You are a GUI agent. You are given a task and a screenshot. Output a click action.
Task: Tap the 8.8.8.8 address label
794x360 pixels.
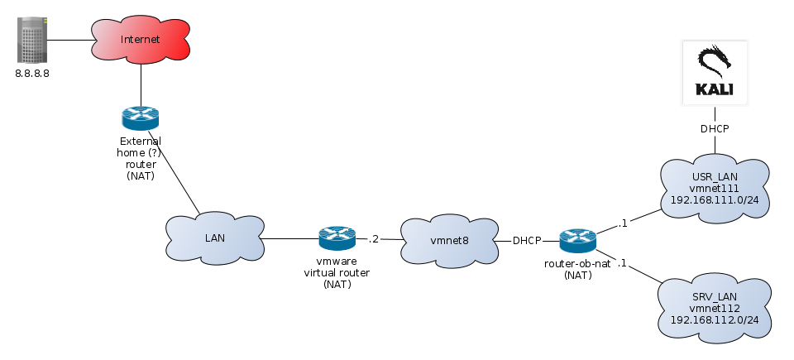[33, 74]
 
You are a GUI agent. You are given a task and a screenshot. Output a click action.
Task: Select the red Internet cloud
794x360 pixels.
[141, 40]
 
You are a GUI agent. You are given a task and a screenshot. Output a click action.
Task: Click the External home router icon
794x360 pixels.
[141, 118]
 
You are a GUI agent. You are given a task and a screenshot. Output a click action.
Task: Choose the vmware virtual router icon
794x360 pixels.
[337, 239]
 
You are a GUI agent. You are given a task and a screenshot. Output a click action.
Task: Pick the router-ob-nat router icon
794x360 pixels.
[577, 241]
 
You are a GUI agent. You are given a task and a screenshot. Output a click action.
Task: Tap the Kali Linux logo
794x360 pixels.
[715, 73]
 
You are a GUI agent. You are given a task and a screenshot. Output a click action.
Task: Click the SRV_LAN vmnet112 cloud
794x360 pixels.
[716, 307]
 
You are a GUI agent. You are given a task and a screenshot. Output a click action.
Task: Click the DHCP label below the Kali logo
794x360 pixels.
[715, 129]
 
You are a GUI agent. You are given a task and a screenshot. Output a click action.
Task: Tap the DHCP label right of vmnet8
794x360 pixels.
[527, 241]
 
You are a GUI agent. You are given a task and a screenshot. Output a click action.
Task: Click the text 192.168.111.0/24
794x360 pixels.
[716, 200]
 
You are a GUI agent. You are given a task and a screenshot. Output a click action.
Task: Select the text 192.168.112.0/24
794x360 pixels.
[716, 319]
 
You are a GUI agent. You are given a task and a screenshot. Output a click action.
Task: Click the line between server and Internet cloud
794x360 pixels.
[70, 39]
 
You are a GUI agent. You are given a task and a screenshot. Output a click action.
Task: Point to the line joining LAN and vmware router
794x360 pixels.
[289, 239]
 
